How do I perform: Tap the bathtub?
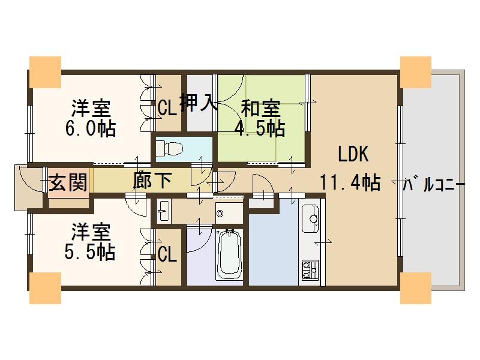229,254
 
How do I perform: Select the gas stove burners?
310,269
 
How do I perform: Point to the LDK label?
353,154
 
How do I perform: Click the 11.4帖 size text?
350,182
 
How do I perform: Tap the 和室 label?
260,109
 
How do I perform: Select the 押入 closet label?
197,103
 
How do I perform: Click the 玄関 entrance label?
68,182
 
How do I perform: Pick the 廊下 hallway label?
152,181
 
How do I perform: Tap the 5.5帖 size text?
90,253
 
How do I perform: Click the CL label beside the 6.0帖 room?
167,108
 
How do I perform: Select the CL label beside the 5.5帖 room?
167,254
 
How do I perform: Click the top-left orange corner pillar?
45,72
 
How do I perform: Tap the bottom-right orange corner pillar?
415,288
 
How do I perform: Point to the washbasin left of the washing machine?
164,211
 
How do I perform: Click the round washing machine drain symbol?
219,213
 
